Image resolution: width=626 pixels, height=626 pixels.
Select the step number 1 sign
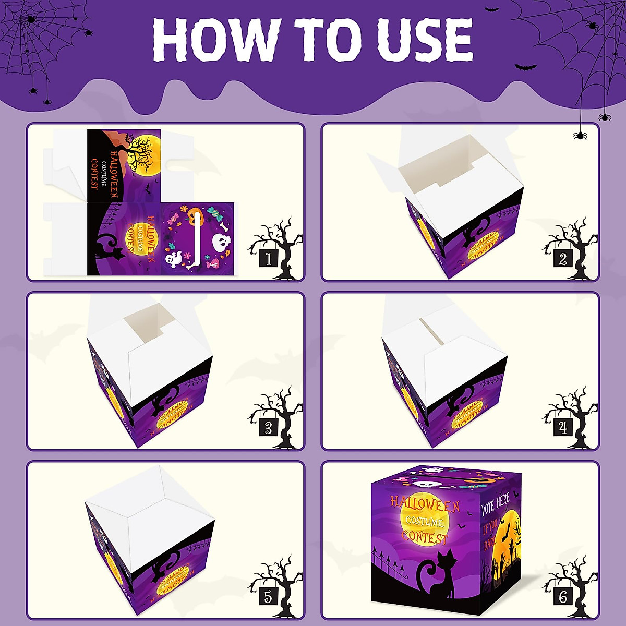(269, 258)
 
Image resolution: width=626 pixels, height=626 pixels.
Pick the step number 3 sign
(268, 428)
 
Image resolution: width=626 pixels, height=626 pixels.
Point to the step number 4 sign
(563, 428)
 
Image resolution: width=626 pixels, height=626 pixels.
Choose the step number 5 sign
(268, 596)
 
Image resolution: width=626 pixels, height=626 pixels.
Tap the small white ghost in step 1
(173, 259)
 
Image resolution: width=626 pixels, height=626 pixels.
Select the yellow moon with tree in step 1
(143, 154)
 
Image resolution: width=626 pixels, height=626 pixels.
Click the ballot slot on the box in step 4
(433, 331)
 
